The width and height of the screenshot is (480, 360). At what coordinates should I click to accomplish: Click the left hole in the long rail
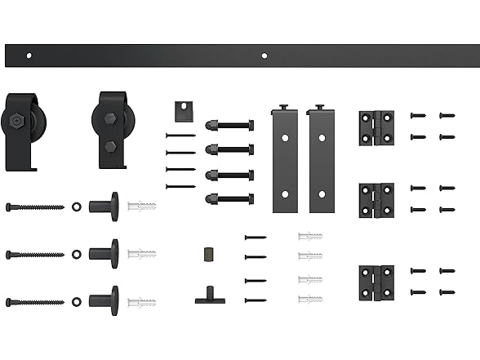pyautogui.click(x=29, y=56)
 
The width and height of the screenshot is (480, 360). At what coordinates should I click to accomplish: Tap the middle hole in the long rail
pyautogui.click(x=264, y=56)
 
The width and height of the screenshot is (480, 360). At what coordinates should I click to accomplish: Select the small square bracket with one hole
pyautogui.click(x=183, y=109)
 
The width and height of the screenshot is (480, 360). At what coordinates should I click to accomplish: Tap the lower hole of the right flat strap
pyautogui.click(x=322, y=194)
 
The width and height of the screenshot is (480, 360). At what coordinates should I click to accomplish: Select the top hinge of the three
pyautogui.click(x=376, y=128)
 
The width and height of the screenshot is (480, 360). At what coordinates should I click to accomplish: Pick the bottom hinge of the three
pyautogui.click(x=376, y=282)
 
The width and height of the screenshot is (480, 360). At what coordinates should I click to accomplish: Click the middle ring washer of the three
pyautogui.click(x=77, y=254)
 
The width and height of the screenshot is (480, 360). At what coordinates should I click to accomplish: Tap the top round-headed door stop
pyautogui.click(x=104, y=207)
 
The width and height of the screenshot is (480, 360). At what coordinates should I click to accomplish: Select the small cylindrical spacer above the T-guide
pyautogui.click(x=208, y=254)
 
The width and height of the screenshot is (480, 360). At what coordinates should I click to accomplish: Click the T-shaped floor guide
pyautogui.click(x=210, y=296)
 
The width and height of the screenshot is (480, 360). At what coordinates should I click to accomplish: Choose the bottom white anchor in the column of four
pyautogui.click(x=310, y=300)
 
